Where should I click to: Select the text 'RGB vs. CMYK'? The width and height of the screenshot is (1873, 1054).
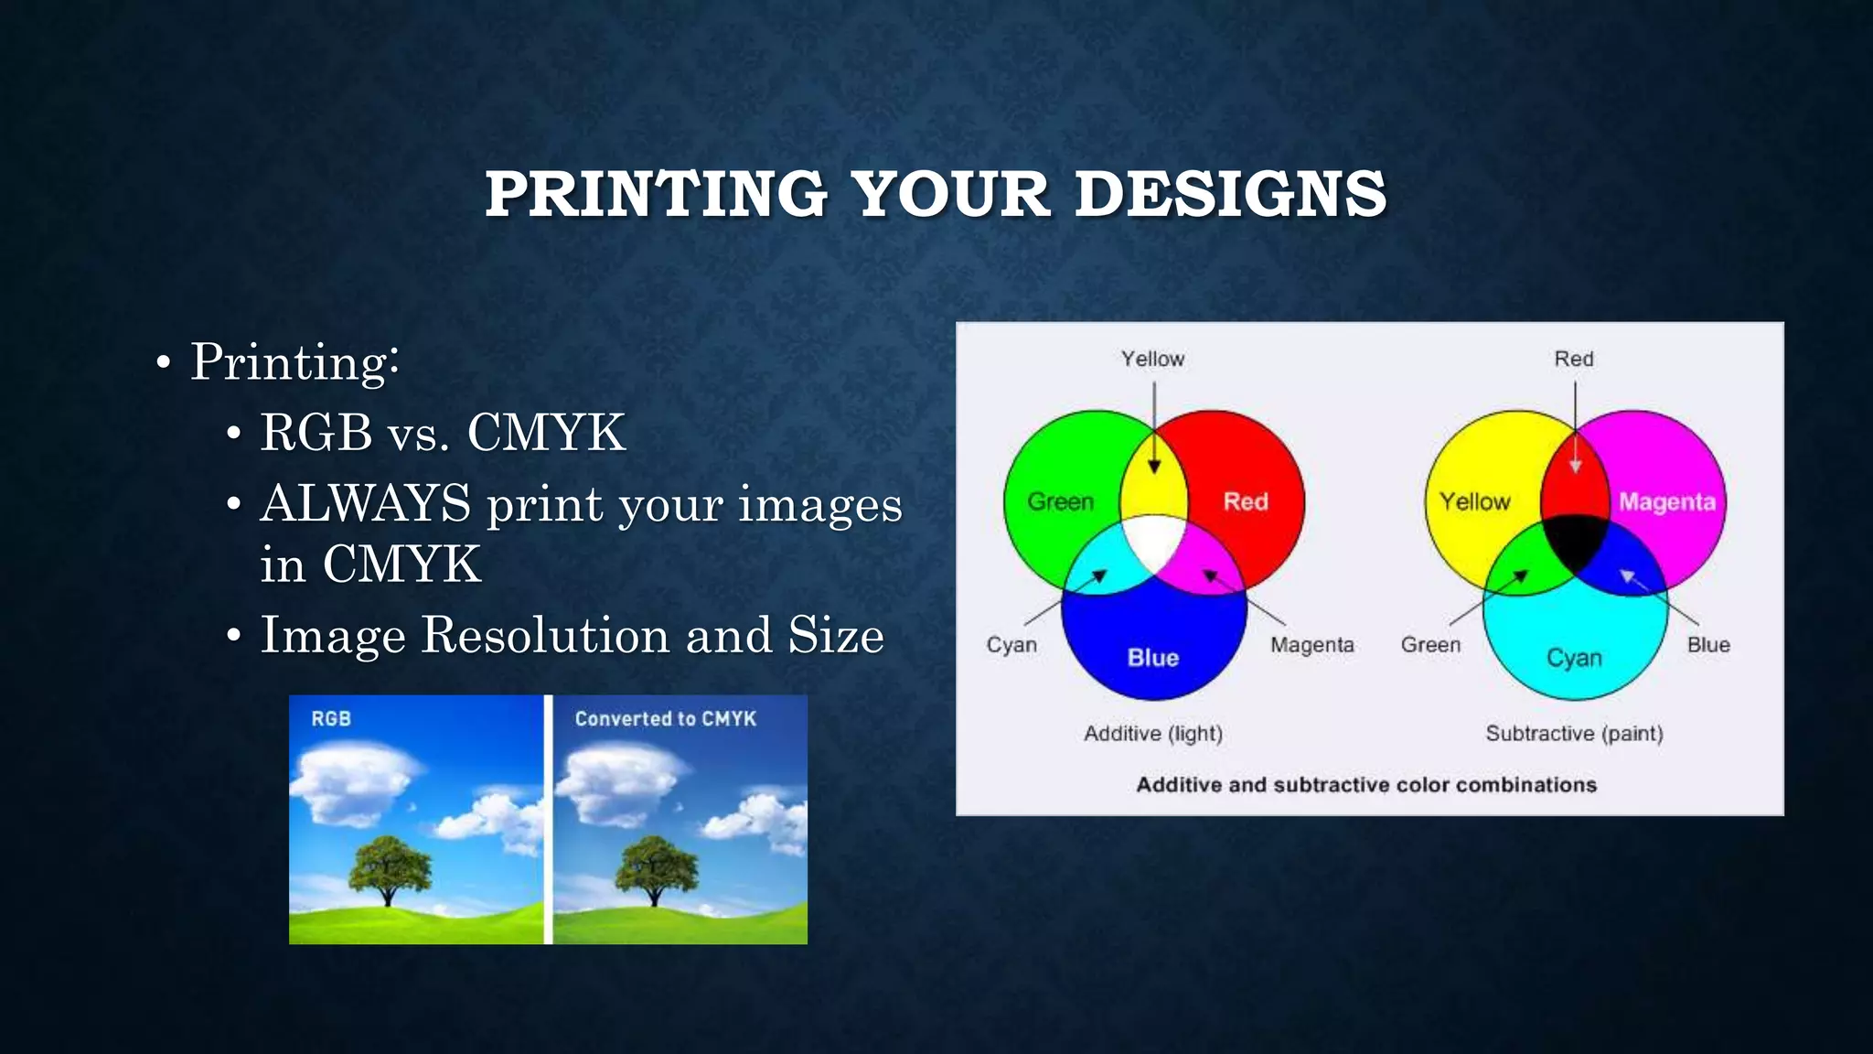pyautogui.click(x=443, y=432)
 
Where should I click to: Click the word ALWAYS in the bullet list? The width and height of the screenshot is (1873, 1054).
pyautogui.click(x=366, y=503)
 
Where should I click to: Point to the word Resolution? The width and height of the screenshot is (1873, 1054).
pyautogui.click(x=545, y=635)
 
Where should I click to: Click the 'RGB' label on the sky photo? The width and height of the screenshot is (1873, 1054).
pyautogui.click(x=331, y=719)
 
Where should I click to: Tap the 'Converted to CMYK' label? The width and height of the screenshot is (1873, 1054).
pyautogui.click(x=665, y=719)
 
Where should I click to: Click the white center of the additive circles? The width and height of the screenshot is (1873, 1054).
pyautogui.click(x=1154, y=542)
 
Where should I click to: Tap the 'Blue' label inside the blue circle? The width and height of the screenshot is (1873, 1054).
pyautogui.click(x=1153, y=658)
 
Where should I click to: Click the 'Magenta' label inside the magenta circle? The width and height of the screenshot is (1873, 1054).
pyautogui.click(x=1666, y=502)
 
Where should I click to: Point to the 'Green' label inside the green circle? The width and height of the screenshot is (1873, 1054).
pyautogui.click(x=1061, y=502)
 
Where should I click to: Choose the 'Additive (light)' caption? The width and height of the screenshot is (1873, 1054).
pyautogui.click(x=1153, y=734)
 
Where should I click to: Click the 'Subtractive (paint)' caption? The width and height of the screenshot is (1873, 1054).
pyautogui.click(x=1574, y=734)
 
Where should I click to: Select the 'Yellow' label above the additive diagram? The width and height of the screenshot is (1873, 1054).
pyautogui.click(x=1153, y=359)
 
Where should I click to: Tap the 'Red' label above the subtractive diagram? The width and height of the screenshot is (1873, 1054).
pyautogui.click(x=1574, y=359)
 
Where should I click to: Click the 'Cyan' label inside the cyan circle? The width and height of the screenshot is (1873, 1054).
pyautogui.click(x=1574, y=658)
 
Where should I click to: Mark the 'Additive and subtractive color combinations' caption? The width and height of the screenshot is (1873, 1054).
pyautogui.click(x=1366, y=785)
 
